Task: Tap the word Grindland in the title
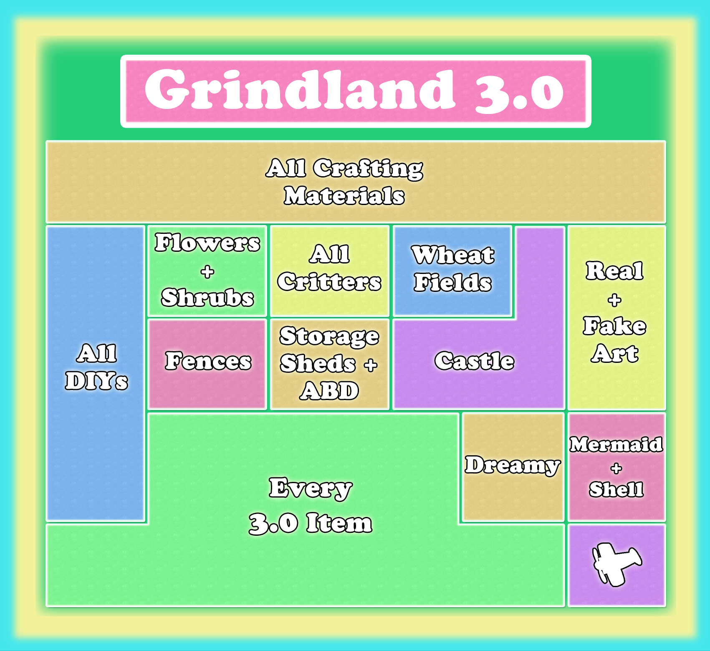[x=300, y=90]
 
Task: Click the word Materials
[x=344, y=196]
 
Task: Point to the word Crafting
[x=368, y=169]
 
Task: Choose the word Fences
[x=208, y=361]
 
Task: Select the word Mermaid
[x=617, y=444]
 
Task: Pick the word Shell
[x=617, y=489]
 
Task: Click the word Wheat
[x=453, y=255]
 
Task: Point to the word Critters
[x=329, y=281]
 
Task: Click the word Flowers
[x=207, y=242]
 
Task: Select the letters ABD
[x=329, y=391]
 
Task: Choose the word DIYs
[x=96, y=381]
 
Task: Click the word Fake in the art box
[x=615, y=326]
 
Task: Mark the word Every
[x=311, y=488]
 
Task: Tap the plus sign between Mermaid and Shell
[x=617, y=468]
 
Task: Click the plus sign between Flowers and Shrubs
[x=207, y=272]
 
